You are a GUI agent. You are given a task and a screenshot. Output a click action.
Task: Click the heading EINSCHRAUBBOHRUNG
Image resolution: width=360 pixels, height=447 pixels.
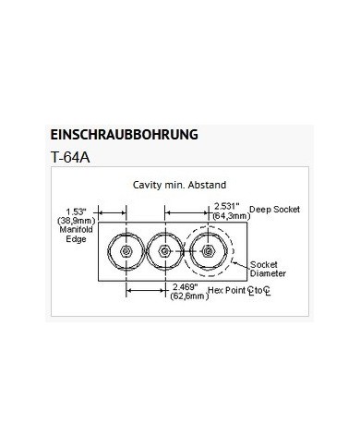pyautogui.click(x=124, y=135)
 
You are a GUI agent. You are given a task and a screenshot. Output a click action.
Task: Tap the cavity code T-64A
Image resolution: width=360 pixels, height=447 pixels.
pyautogui.click(x=70, y=158)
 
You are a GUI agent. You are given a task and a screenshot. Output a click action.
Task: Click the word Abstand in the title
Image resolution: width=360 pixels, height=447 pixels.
pyautogui.click(x=207, y=185)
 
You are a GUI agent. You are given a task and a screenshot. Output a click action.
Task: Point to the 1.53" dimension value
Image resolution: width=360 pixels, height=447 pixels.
pyautogui.click(x=76, y=211)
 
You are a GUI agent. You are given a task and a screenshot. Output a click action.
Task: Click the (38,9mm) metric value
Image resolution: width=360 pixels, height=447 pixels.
pyautogui.click(x=76, y=221)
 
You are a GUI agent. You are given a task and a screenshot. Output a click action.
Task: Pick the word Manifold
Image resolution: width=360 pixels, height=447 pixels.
pyautogui.click(x=76, y=230)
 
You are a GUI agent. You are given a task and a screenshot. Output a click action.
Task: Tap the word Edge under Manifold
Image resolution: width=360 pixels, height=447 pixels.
pyautogui.click(x=76, y=239)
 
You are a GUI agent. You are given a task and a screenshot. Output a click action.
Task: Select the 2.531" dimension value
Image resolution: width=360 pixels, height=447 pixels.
pyautogui.click(x=227, y=206)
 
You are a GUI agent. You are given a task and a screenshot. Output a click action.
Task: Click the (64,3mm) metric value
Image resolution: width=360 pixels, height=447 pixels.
pyautogui.click(x=231, y=215)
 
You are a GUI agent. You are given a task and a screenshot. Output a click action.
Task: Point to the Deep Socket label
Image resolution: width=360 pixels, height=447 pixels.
pyautogui.click(x=274, y=210)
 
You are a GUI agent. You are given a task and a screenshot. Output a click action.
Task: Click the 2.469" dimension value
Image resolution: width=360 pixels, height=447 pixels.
pyautogui.click(x=185, y=287)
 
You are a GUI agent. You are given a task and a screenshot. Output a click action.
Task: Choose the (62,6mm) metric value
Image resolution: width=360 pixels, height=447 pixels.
pyautogui.click(x=189, y=296)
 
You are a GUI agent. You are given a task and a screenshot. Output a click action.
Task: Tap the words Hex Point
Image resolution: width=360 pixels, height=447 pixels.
pyautogui.click(x=227, y=290)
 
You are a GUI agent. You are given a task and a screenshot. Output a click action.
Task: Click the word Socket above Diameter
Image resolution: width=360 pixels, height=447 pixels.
pyautogui.click(x=264, y=264)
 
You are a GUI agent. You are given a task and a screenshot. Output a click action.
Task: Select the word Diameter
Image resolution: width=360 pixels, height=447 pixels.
pyautogui.click(x=268, y=273)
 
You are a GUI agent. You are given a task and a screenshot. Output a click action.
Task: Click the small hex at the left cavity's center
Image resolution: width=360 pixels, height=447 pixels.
pyautogui.click(x=126, y=251)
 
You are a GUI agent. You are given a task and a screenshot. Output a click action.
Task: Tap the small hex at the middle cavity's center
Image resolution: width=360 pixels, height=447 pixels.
pyautogui.click(x=165, y=251)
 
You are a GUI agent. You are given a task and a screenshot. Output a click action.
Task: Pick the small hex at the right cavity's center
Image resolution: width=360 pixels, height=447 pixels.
pyautogui.click(x=209, y=251)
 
